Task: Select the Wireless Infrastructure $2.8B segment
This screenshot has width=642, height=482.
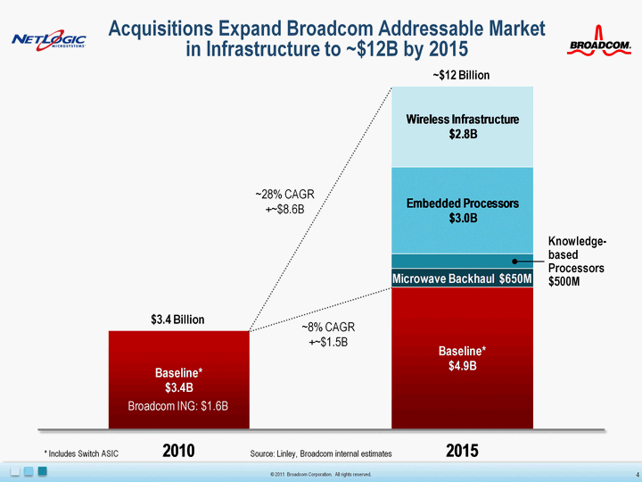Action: [462, 127]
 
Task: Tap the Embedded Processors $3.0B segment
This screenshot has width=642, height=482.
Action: [462, 211]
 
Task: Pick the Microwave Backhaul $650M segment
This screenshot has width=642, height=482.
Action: [462, 278]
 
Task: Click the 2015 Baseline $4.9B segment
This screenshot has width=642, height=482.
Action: [462, 357]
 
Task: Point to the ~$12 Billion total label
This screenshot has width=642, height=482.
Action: [462, 76]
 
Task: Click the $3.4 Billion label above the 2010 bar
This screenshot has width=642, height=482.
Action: [178, 319]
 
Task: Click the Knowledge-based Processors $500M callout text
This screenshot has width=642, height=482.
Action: [576, 262]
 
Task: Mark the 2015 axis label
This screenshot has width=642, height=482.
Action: [462, 452]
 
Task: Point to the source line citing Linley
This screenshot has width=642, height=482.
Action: [321, 453]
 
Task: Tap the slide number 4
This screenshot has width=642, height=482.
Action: [630, 472]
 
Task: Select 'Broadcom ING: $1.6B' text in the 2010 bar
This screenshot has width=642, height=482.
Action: [178, 405]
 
